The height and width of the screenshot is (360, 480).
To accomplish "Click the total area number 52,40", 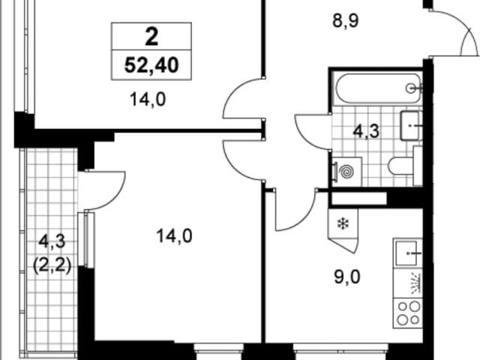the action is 151,65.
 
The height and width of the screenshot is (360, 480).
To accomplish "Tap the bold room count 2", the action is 151,37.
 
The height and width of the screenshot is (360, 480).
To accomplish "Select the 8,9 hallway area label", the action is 345,21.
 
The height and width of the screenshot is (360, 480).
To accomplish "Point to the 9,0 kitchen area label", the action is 346,277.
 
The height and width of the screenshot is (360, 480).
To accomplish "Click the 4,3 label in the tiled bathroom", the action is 366,131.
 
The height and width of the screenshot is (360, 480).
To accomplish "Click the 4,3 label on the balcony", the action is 52,241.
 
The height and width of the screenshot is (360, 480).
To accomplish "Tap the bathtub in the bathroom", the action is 379,88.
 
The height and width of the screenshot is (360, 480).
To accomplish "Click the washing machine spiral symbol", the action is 346,172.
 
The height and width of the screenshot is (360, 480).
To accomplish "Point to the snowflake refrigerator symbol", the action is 343,223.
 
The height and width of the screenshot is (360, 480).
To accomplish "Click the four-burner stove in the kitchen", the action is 408,313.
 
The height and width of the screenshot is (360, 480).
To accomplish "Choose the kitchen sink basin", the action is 406,253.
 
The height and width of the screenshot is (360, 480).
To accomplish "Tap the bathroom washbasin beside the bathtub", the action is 411,125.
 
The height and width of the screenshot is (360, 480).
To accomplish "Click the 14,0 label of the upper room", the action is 148,100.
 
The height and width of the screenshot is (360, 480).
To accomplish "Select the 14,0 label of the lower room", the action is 174,236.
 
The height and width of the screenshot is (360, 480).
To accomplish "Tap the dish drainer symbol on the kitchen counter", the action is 415,283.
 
